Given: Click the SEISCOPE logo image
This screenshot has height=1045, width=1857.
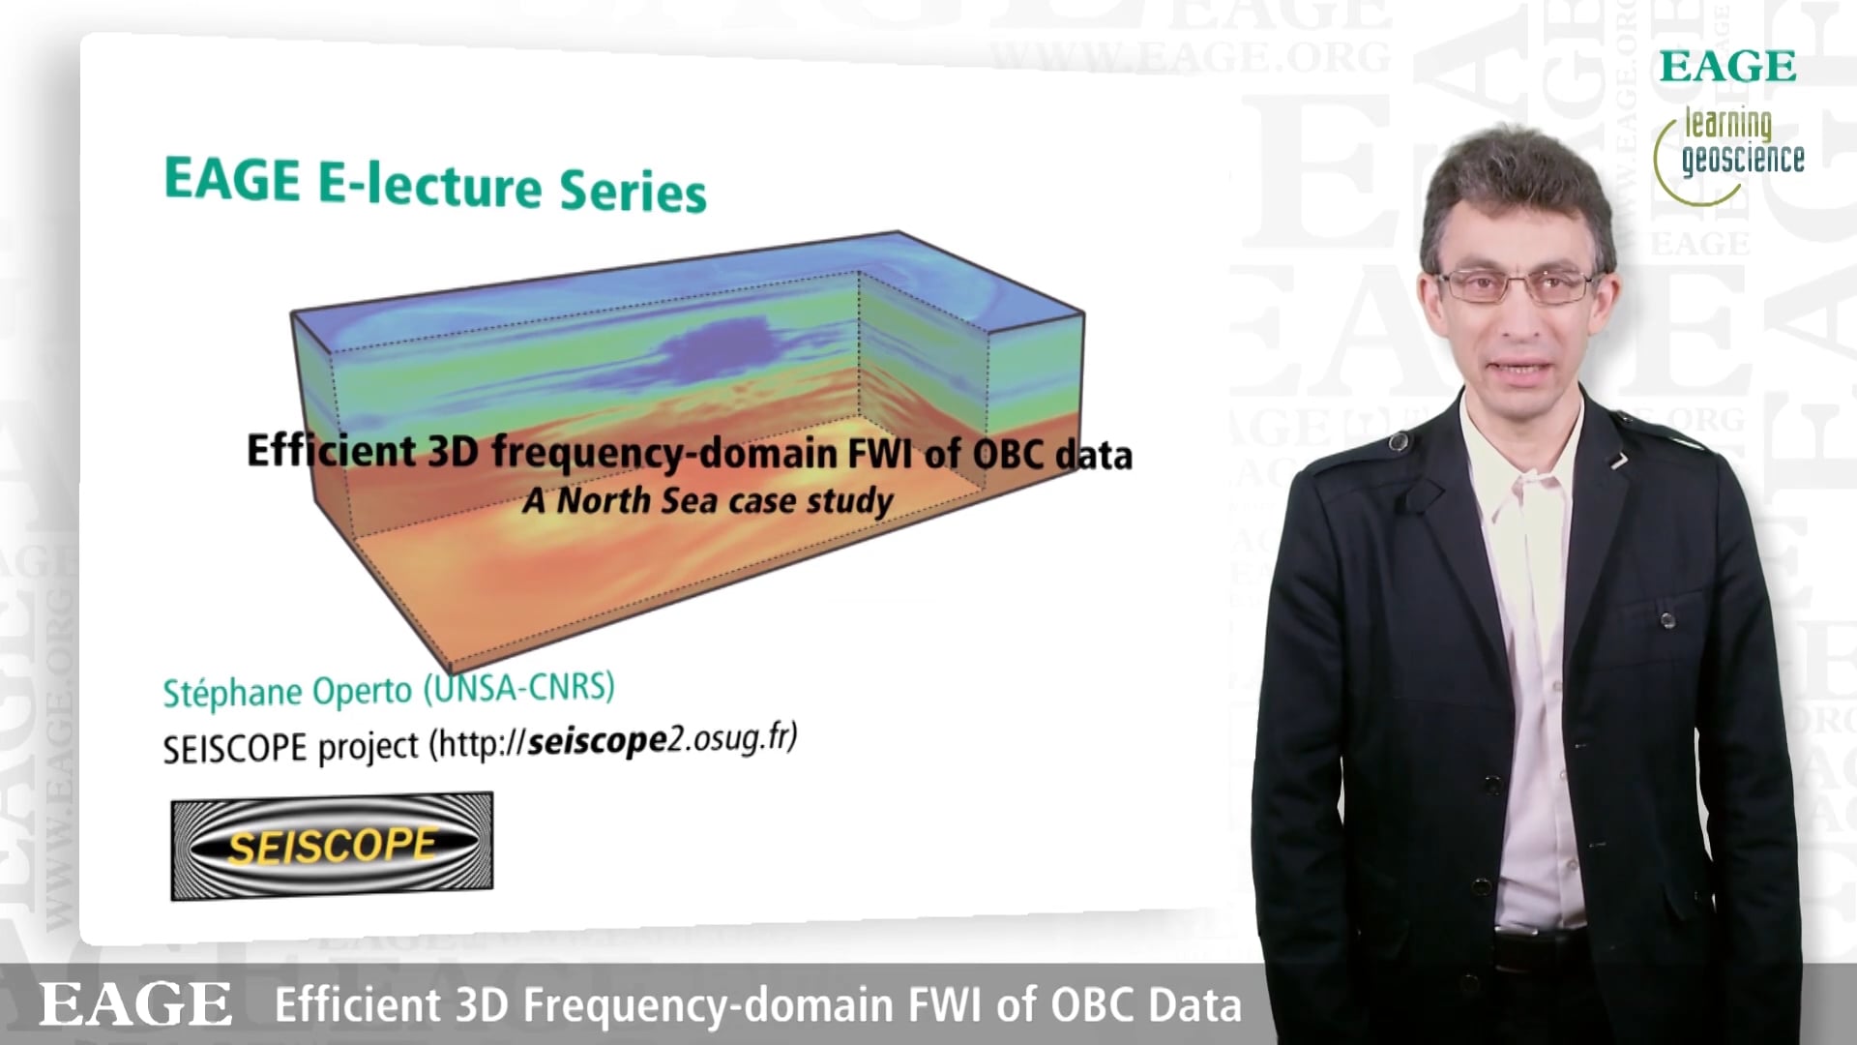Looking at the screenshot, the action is click(332, 847).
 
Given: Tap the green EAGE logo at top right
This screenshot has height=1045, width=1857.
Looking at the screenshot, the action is click(1727, 67).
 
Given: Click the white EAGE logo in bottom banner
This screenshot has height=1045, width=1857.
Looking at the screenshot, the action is click(135, 1003).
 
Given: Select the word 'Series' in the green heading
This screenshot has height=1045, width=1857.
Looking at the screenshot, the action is click(634, 189).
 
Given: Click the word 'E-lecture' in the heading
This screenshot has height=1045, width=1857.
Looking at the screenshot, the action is click(429, 184).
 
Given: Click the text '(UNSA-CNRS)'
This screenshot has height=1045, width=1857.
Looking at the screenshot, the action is click(519, 688).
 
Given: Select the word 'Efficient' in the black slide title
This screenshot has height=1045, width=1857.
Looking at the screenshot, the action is click(332, 451).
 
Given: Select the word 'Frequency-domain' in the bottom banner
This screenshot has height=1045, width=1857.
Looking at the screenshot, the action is click(711, 1005).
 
